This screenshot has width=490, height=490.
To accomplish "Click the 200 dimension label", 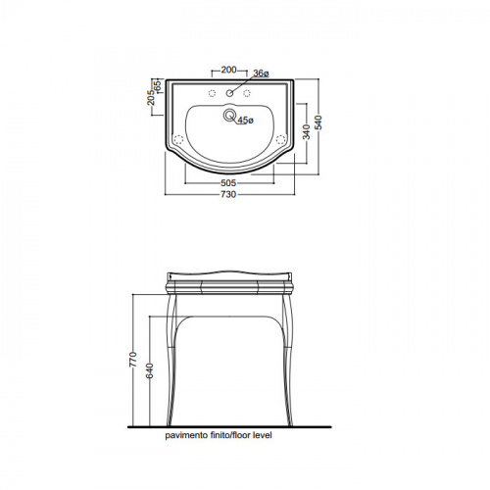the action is click(x=228, y=70).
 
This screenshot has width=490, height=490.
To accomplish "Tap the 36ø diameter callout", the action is click(x=261, y=73).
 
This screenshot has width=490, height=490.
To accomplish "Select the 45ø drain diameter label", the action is click(x=245, y=121).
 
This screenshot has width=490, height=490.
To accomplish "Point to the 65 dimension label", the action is click(x=158, y=85).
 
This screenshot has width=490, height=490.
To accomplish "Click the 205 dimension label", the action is click(x=151, y=97).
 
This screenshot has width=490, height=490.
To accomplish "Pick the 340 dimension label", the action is click(x=307, y=131).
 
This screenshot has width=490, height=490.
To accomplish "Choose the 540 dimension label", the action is click(x=318, y=122).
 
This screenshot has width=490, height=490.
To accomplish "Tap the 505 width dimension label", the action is click(x=228, y=182).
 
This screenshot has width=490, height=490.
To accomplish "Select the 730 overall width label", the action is click(x=228, y=194).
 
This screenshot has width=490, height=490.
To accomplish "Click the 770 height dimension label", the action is click(x=133, y=360).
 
